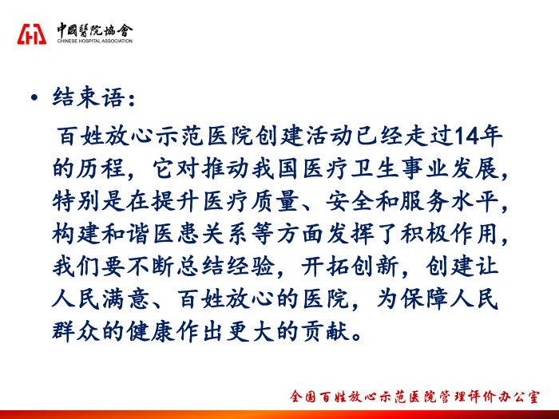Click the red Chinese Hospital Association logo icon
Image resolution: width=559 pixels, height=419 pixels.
click(x=32, y=34)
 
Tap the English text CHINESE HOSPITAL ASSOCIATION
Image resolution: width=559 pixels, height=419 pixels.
click(x=95, y=41)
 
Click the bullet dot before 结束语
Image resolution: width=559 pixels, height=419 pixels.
click(x=34, y=97)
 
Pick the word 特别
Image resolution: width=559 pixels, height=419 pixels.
click(x=77, y=201)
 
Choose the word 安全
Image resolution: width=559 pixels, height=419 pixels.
click(x=351, y=201)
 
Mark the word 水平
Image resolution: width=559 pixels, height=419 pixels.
click(x=475, y=201)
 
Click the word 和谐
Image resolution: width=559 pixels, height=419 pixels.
click(x=126, y=234)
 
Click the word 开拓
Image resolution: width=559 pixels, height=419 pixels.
click(x=326, y=267)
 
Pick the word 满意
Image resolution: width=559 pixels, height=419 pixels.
click(x=126, y=299)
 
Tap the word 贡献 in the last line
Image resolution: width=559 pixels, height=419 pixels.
click(x=326, y=332)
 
